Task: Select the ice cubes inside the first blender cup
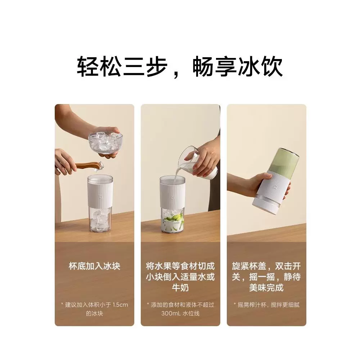(100, 220)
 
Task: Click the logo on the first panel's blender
(100, 197)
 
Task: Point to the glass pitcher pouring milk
(197, 163)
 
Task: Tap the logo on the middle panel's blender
(172, 197)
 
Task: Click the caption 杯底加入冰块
(95, 266)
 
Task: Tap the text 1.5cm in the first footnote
(120, 305)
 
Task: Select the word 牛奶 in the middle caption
(180, 288)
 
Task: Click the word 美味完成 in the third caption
(266, 288)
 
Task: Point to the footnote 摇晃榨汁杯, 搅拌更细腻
(269, 305)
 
